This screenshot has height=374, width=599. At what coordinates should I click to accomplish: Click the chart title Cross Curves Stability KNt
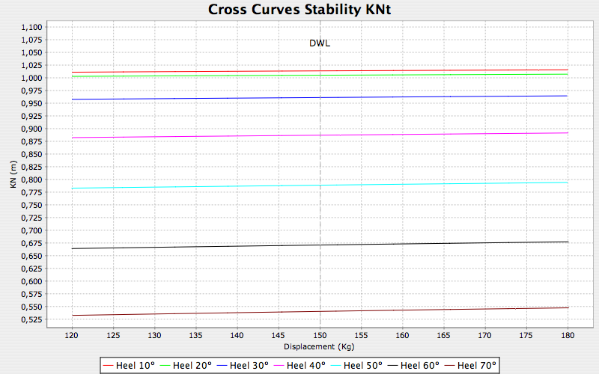tap(299, 9)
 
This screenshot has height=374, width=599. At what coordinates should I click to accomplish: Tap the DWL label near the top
tap(320, 43)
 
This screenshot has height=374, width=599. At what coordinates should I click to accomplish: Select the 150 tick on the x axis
tap(320, 337)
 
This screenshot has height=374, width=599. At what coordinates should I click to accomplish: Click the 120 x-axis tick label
tap(72, 337)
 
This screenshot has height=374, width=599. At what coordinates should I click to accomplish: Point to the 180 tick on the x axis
tap(568, 337)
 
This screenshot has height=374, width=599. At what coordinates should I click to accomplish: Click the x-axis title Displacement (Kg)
tap(320, 348)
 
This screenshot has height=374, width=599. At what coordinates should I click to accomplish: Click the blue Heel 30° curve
tap(225, 98)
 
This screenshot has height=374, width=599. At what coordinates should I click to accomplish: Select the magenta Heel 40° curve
tap(225, 136)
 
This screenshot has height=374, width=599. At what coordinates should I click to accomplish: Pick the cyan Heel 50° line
tap(225, 186)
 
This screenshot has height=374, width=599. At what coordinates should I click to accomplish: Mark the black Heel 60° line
tap(225, 246)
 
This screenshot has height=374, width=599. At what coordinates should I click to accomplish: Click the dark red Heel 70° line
tap(225, 313)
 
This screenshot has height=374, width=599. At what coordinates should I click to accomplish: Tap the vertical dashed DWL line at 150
tap(320, 224)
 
